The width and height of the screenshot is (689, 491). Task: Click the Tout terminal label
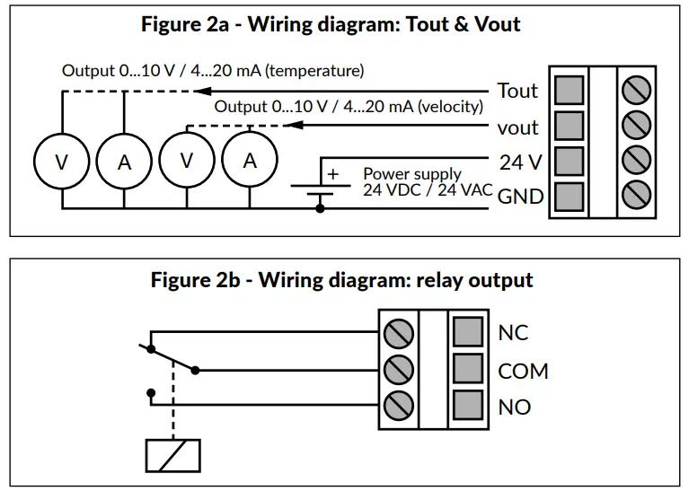point(517,91)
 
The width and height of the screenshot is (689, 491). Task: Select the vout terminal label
point(517,127)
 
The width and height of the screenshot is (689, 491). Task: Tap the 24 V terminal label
point(520,162)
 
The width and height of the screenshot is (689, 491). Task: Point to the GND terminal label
point(521,196)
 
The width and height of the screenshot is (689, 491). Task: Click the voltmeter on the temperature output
point(61,162)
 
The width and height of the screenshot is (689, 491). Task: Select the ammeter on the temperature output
point(124,162)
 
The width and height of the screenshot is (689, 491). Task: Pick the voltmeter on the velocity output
point(187,161)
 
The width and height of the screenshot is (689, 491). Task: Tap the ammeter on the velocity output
point(250,161)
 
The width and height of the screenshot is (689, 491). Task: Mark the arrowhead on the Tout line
point(203,91)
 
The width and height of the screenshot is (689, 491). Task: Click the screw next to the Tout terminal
point(636,91)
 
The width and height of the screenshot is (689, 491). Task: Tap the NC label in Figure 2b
point(513,333)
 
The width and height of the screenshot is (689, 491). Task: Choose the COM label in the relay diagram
point(523,371)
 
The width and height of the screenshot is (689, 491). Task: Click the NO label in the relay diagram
point(514,407)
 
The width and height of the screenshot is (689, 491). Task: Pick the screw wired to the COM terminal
point(399,368)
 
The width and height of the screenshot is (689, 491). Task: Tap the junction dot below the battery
point(321,208)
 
